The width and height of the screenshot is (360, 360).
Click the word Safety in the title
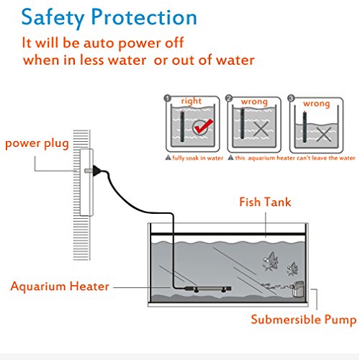[53, 18]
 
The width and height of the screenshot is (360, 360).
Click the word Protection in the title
[144, 17]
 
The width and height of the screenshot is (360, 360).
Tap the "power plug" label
[37, 144]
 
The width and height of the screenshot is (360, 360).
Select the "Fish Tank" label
[265, 202]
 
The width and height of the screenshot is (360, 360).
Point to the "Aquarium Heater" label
[60, 286]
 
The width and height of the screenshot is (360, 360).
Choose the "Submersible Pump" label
[304, 320]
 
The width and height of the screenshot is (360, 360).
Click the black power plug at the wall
[97, 171]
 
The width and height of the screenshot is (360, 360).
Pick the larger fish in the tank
[270, 261]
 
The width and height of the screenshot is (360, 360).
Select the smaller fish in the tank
[292, 269]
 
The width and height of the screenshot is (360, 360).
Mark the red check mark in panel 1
[203, 126]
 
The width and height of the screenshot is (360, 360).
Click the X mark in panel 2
[261, 129]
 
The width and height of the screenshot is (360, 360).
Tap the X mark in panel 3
[324, 134]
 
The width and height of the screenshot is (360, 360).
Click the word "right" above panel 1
[192, 101]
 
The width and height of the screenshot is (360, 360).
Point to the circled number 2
[229, 98]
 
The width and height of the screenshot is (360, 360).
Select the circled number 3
[291, 98]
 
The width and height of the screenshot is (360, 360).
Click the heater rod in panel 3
[305, 127]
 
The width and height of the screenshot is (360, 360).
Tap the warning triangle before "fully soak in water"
[168, 158]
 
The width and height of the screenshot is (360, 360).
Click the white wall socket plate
[86, 182]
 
